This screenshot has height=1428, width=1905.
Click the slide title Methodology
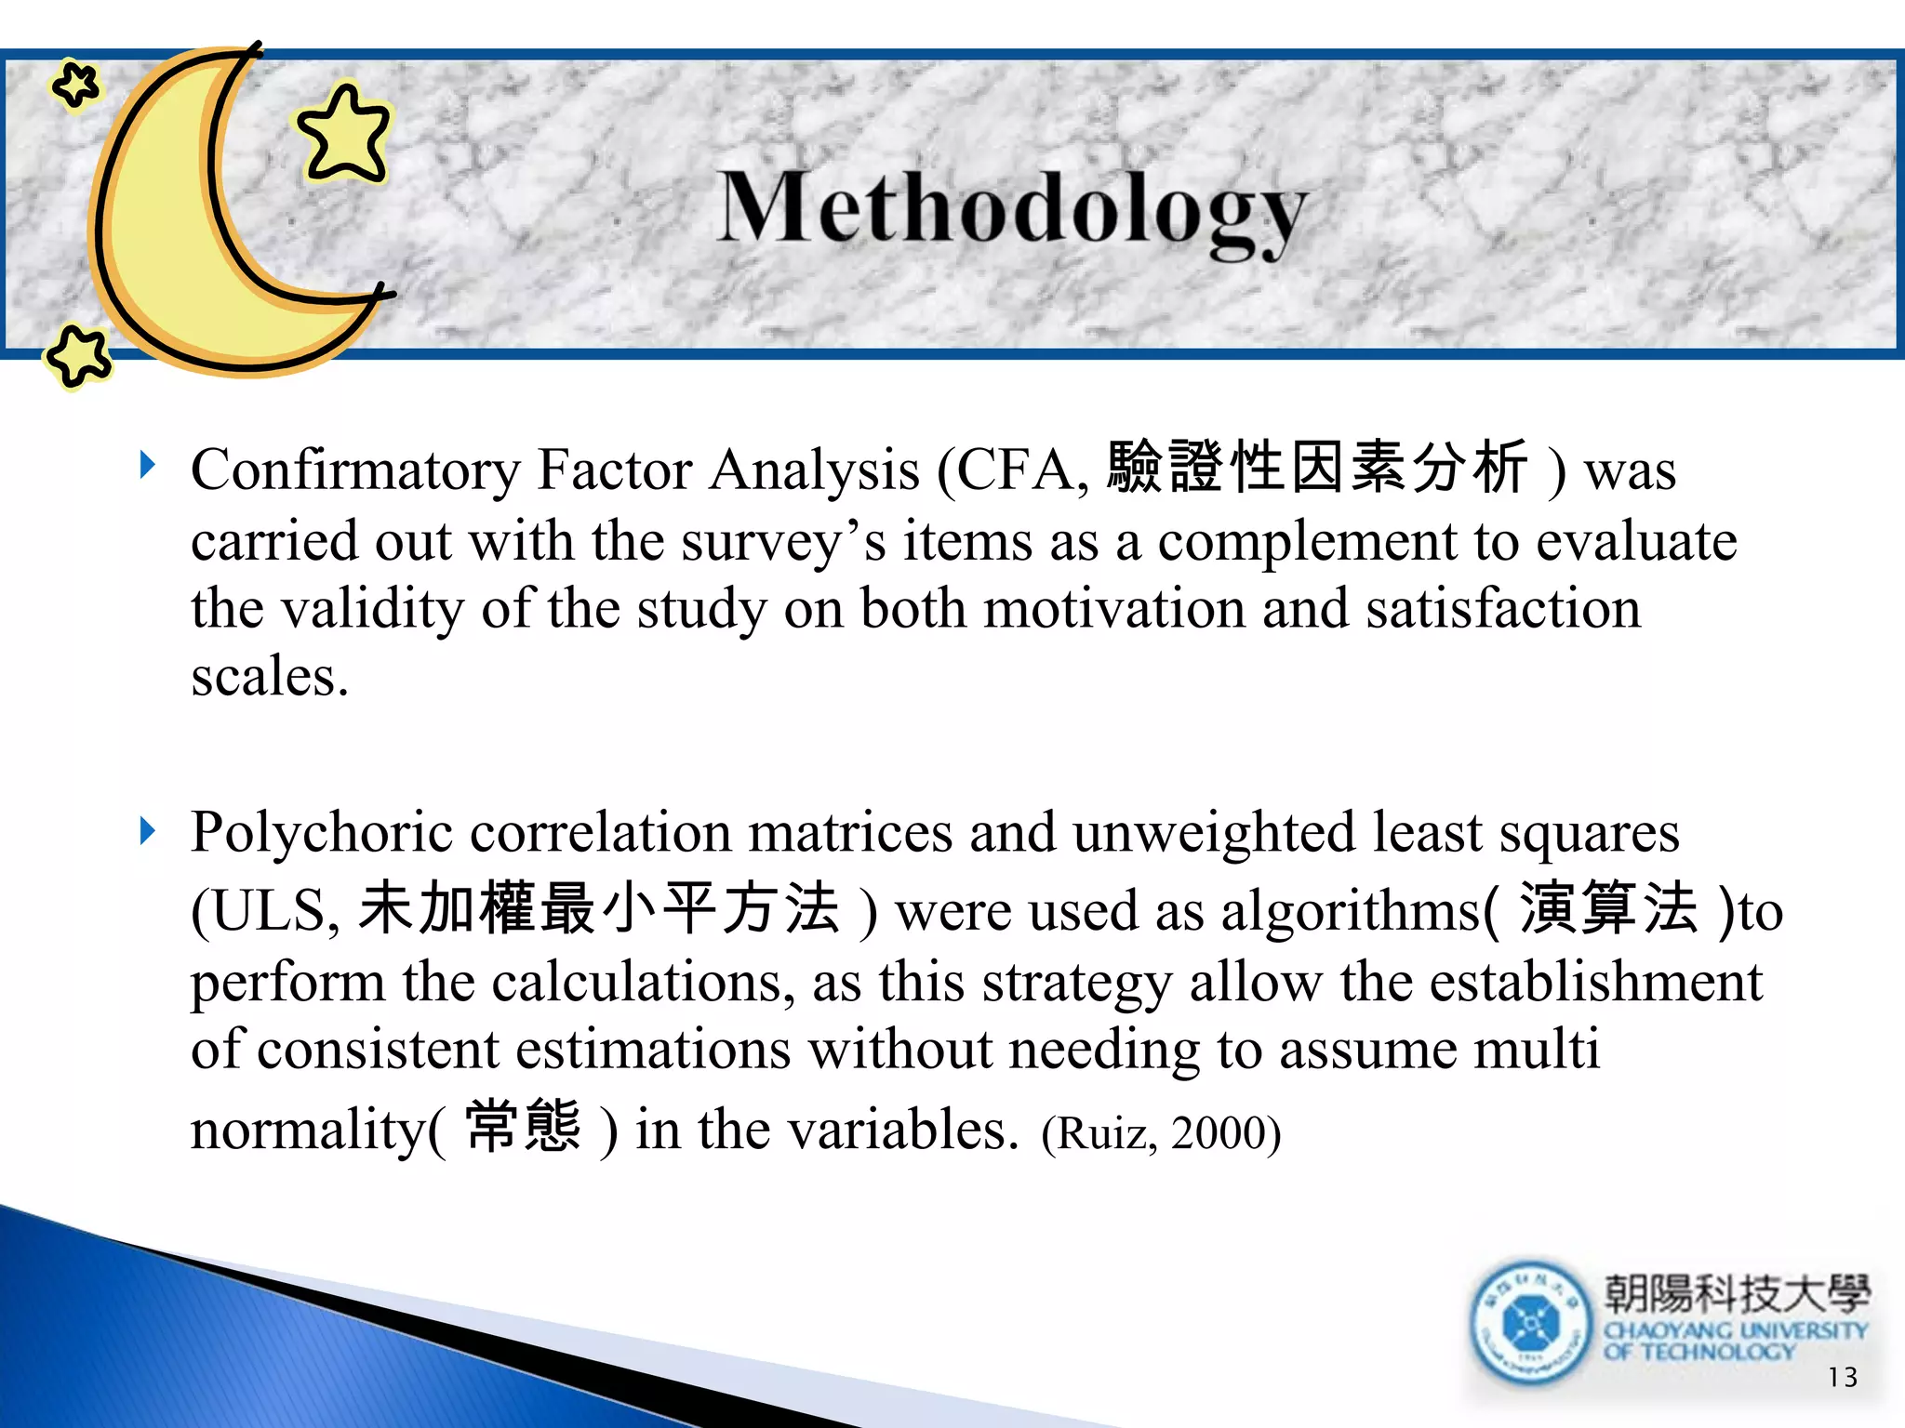pyautogui.click(x=1012, y=209)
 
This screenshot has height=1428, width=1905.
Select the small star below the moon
pyautogui.click(x=78, y=355)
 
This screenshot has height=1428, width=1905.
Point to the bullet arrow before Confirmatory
pyautogui.click(x=147, y=464)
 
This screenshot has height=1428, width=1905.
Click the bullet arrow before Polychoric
pyautogui.click(x=147, y=830)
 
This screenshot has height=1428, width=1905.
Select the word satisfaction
pyautogui.click(x=1502, y=610)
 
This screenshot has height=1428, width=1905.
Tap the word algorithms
pyautogui.click(x=1349, y=911)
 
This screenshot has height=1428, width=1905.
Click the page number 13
pyautogui.click(x=1842, y=1377)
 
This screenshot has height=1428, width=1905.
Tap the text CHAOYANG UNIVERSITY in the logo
pyautogui.click(x=1735, y=1331)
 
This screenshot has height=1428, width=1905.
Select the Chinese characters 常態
pyautogui.click(x=523, y=1127)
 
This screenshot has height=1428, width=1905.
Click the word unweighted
pyautogui.click(x=1214, y=833)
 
